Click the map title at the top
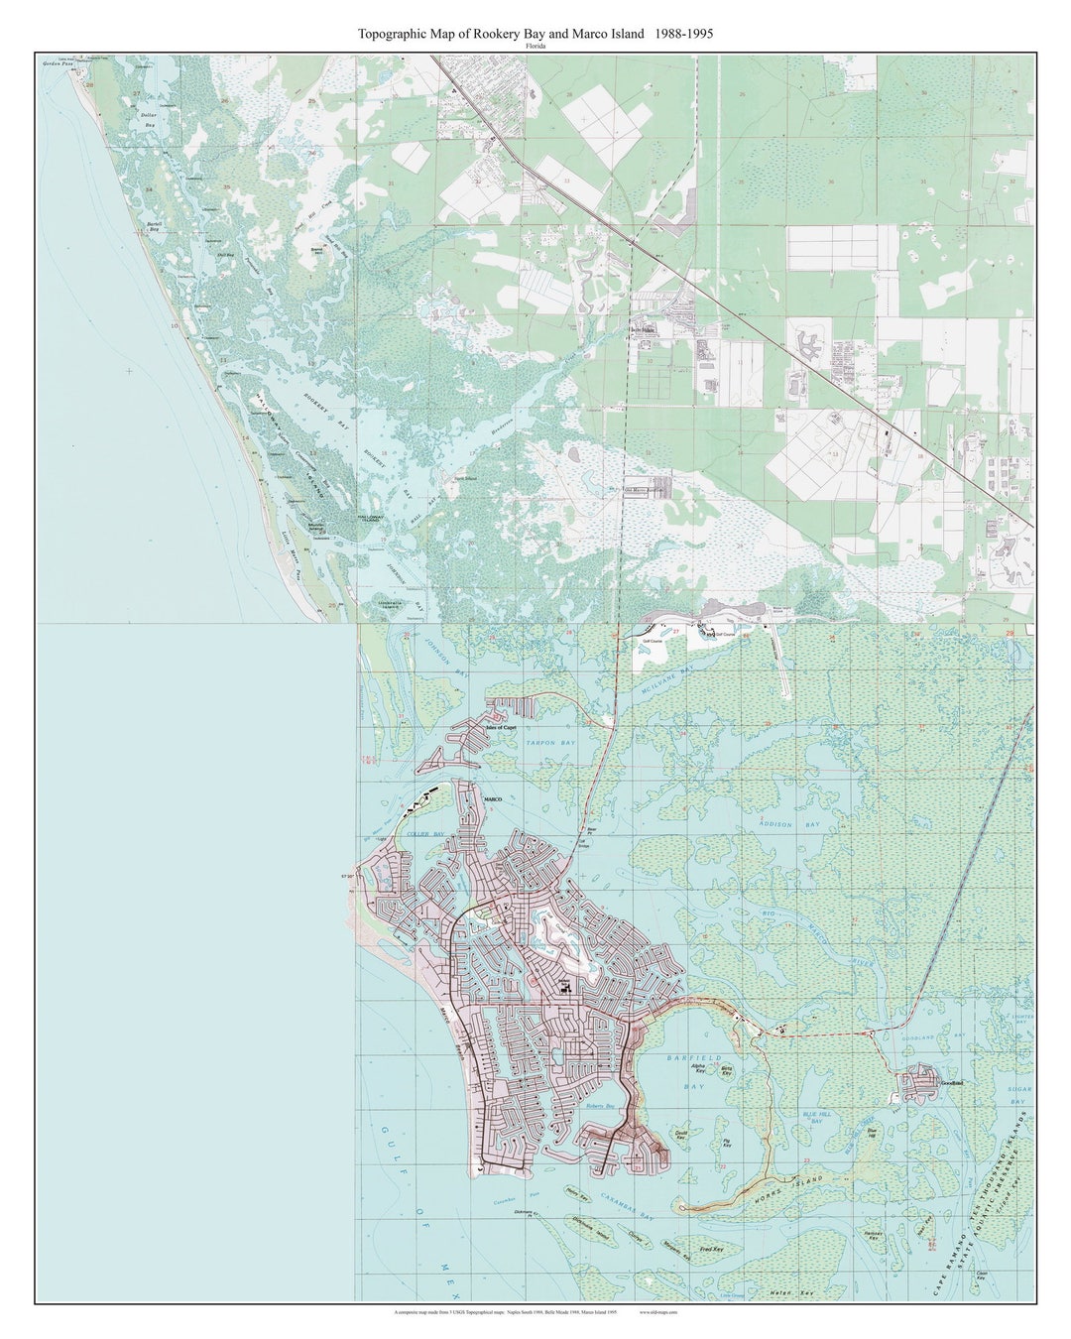click(x=535, y=34)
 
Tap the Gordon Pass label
click(x=58, y=63)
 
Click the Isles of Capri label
click(x=502, y=727)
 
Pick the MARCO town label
click(x=493, y=799)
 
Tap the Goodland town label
click(x=953, y=1084)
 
